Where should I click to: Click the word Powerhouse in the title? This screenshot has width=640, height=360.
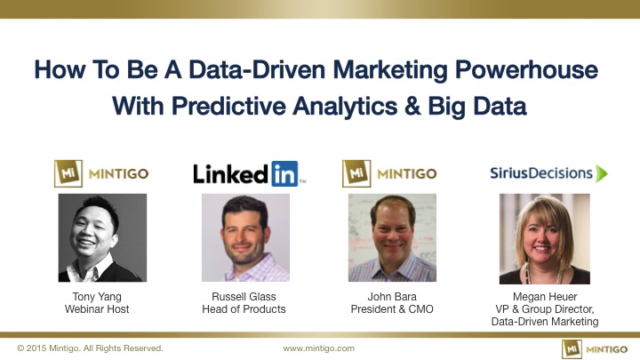pyautogui.click(x=526, y=70)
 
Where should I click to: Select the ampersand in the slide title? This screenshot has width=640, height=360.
pyautogui.click(x=412, y=106)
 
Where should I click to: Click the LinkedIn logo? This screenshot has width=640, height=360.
pyautogui.click(x=250, y=174)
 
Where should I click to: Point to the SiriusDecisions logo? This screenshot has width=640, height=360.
pyautogui.click(x=548, y=173)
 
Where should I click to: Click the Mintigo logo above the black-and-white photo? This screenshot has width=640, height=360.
pyautogui.click(x=101, y=174)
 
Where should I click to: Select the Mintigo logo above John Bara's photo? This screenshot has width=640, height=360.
pyautogui.click(x=389, y=174)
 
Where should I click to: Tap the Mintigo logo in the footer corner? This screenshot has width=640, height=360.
pyautogui.click(x=595, y=349)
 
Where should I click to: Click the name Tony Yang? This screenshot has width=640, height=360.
pyautogui.click(x=97, y=297)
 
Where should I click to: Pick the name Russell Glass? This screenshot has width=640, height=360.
pyautogui.click(x=244, y=297)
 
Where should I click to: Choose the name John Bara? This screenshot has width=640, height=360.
pyautogui.click(x=392, y=297)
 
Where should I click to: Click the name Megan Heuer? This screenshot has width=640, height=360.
pyautogui.click(x=545, y=297)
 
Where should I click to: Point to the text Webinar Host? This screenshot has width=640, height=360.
pyautogui.click(x=97, y=309)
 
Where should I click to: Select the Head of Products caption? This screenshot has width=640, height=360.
pyautogui.click(x=244, y=309)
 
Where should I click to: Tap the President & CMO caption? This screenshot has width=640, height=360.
pyautogui.click(x=392, y=309)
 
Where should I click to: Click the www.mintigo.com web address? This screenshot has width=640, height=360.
pyautogui.click(x=319, y=348)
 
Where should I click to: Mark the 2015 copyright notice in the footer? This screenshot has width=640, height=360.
pyautogui.click(x=90, y=348)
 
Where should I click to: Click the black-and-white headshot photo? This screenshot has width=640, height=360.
pyautogui.click(x=102, y=238)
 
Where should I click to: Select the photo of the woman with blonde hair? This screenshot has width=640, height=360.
pyautogui.click(x=545, y=239)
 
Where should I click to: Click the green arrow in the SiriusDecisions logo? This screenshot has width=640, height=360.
pyautogui.click(x=601, y=173)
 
